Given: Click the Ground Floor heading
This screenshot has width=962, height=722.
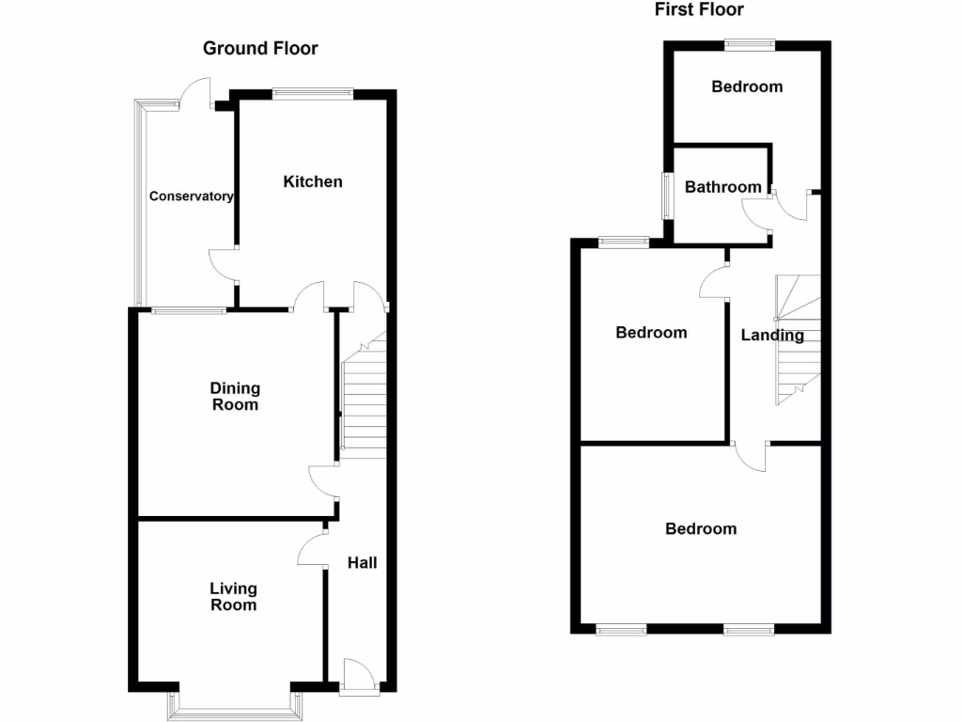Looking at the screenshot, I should [x=260, y=48].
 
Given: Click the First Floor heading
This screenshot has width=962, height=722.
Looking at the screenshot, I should [x=699, y=9].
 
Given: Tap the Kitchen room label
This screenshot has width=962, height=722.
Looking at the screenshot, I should [x=313, y=181].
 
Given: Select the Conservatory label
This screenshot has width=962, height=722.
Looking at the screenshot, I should [x=191, y=196].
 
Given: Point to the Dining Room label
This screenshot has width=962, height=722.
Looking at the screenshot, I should [x=235, y=397].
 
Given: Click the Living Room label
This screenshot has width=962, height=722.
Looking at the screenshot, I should [x=233, y=597].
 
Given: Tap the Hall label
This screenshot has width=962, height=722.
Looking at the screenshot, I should [x=363, y=562].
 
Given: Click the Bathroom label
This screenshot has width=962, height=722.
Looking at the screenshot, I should [x=722, y=187].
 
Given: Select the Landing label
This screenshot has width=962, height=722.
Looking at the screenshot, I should [x=772, y=335].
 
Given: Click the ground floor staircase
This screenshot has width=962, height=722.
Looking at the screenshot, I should [x=364, y=400].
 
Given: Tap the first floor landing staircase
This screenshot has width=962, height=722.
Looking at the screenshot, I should [x=798, y=338].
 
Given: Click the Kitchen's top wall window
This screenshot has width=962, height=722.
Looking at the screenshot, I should [x=313, y=92].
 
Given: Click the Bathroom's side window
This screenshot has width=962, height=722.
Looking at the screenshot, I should [x=667, y=196].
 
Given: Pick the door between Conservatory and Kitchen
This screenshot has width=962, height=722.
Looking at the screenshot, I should [x=223, y=264].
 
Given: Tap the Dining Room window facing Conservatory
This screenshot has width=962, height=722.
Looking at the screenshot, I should [x=189, y=310].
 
